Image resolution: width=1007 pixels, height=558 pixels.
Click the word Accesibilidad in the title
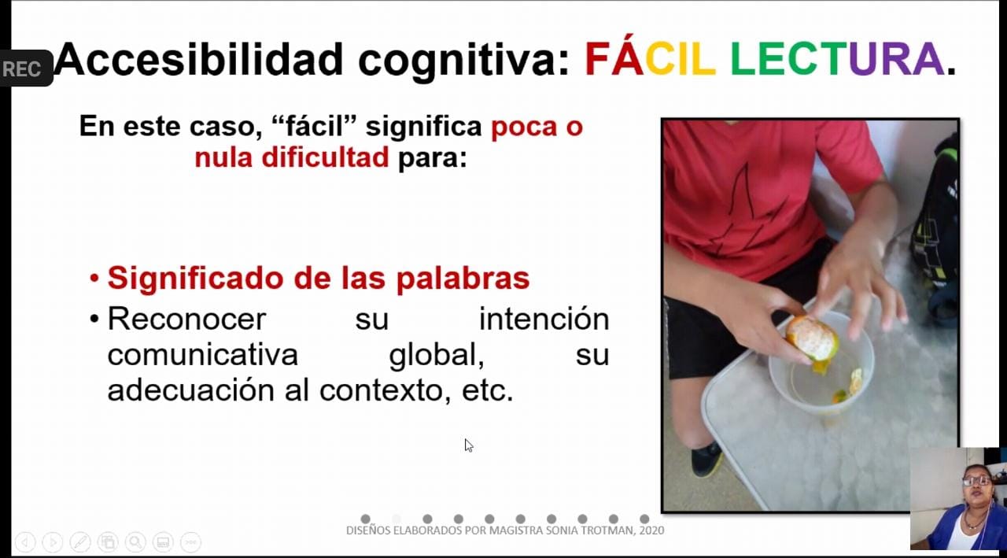coord(199,60)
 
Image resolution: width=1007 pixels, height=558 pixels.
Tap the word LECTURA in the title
coord(837,59)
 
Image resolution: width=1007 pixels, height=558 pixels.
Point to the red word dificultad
coord(325,157)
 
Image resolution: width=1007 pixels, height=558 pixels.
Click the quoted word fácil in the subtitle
coord(314,125)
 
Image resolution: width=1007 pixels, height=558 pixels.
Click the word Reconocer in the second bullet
coord(186,319)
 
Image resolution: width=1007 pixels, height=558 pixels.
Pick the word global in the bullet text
coord(437,356)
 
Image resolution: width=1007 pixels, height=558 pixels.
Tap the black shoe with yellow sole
coord(707,459)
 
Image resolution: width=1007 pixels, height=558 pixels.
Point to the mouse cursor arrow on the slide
coord(469,445)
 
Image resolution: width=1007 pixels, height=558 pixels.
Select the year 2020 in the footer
coord(651,530)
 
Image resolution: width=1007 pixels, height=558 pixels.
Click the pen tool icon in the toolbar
coord(80,542)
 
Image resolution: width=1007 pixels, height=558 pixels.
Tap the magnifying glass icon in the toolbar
coord(135,542)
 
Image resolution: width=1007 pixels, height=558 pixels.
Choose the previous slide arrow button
coord(25,542)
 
